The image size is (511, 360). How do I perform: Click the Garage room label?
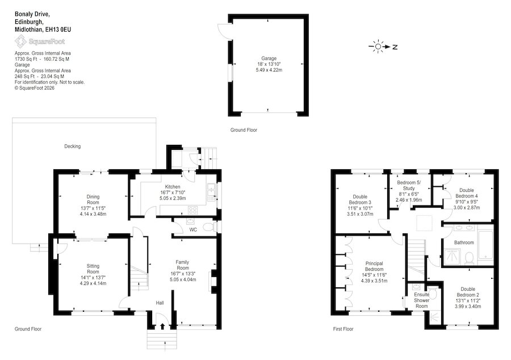coord(269,58)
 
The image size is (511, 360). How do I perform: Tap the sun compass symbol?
coord(378,47)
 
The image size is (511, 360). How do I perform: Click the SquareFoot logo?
coord(40,41)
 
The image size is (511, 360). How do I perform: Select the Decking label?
coord(72,146)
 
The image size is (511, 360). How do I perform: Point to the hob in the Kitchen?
coord(192,211)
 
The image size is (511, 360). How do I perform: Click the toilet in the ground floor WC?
coord(208,227)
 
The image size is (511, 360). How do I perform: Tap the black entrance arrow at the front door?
coord(162,326)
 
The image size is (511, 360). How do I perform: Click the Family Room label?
coord(182,265)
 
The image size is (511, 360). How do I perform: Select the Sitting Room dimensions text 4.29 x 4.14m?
coord(93,283)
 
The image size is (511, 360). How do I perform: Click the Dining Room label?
coord(93,199)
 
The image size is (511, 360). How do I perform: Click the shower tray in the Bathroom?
coord(452,257)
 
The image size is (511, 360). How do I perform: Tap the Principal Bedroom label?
coord(374,266)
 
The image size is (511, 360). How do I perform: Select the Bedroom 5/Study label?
coord(409,185)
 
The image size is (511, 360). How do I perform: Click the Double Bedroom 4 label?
coord(467,193)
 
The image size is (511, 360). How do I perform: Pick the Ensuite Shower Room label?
coord(422,300)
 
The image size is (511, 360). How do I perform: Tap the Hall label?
coord(160,303)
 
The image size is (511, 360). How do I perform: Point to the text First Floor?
coord(343,329)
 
